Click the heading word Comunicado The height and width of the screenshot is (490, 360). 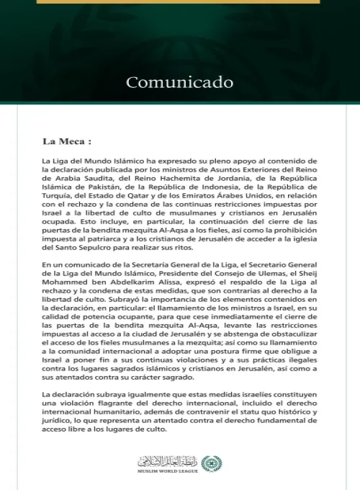[179, 81]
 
